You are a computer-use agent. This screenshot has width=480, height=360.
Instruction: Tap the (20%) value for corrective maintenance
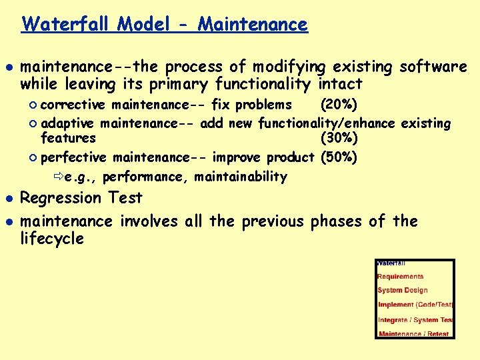coord(339,105)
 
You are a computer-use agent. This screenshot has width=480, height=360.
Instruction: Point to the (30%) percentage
coord(339,139)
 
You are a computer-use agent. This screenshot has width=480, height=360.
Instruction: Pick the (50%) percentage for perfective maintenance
coord(339,157)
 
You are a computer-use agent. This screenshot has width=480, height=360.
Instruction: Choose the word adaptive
coord(71,123)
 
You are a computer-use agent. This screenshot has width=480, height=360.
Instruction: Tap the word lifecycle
coord(52,239)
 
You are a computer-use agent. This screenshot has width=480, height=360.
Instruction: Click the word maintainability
coord(240,177)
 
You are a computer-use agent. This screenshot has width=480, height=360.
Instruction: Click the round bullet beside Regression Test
coord(8,199)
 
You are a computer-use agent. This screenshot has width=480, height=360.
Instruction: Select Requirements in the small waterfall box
coord(400,276)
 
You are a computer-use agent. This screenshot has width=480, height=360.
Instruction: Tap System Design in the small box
coord(402,290)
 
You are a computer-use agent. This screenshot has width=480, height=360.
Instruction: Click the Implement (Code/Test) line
coord(415,305)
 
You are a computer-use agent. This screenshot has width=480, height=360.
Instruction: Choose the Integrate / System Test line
coord(415,319)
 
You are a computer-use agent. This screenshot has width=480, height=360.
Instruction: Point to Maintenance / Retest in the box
coord(413,333)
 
